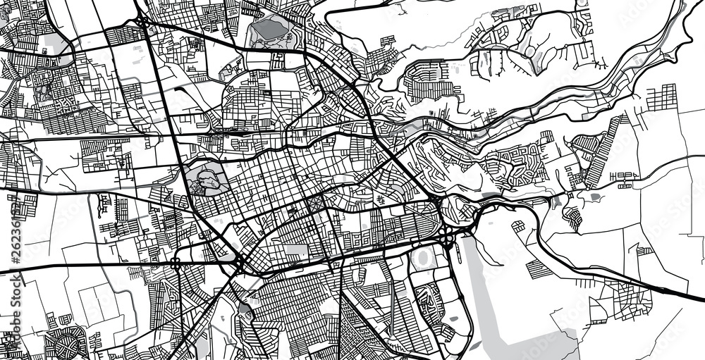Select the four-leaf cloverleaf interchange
[x=448, y=237]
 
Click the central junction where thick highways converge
[x=238, y=263]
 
